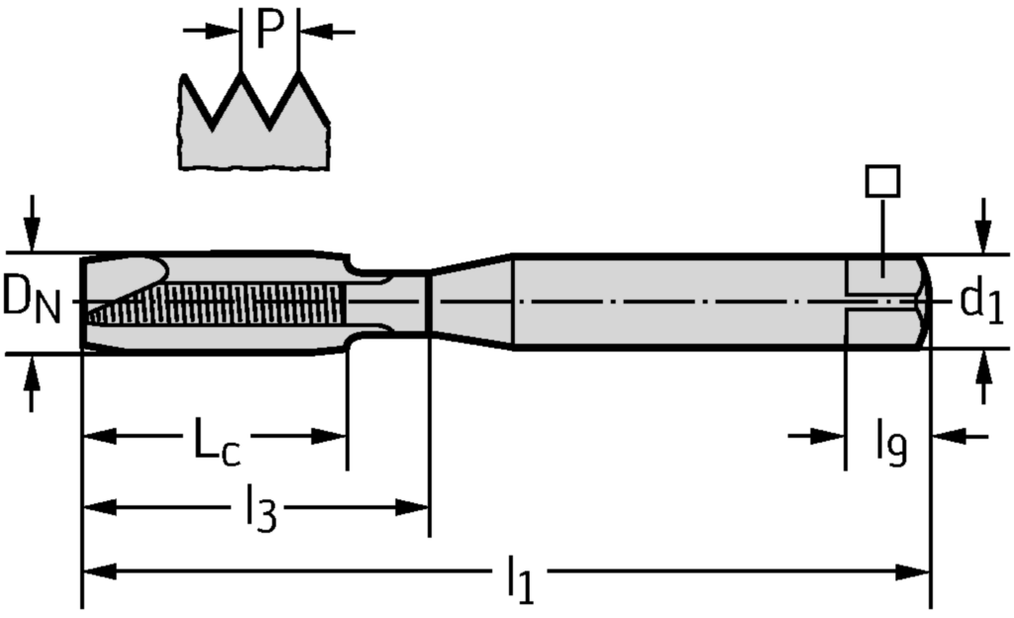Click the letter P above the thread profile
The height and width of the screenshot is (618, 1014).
[x=270, y=30]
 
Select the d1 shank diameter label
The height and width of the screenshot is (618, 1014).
[x=981, y=302]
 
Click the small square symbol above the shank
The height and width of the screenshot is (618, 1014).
[x=881, y=181]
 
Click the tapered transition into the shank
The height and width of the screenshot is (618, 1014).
[x=470, y=302]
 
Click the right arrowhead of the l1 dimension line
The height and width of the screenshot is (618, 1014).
[x=915, y=571]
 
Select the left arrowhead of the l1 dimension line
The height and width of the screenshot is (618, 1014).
[x=97, y=571]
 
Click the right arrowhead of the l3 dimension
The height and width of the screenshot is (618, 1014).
[x=414, y=507]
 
